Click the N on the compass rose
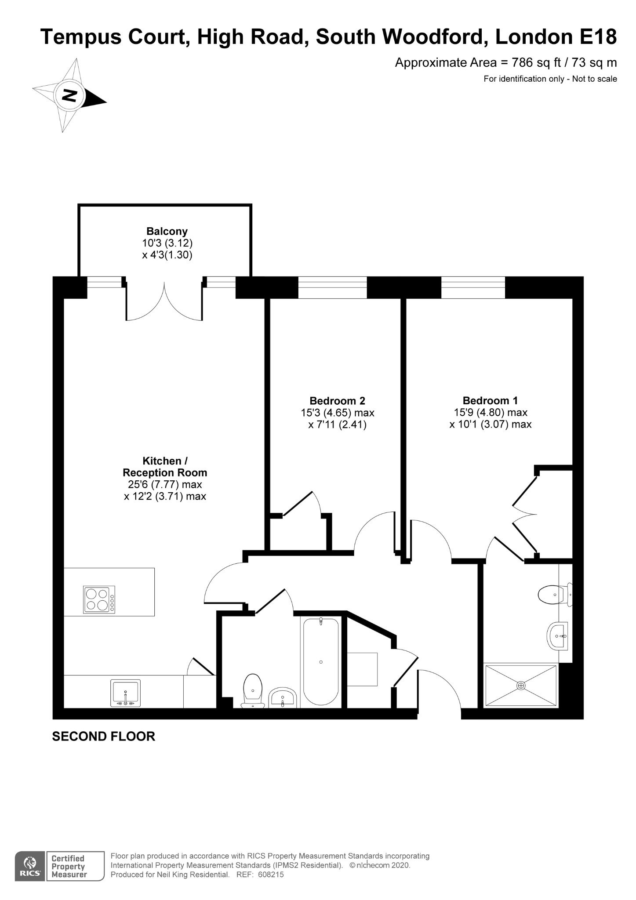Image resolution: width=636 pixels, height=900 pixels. [69, 95]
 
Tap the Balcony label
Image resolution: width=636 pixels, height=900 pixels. [167, 231]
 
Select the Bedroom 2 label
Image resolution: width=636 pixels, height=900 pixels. [337, 401]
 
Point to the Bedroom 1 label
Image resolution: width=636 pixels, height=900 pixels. [490, 400]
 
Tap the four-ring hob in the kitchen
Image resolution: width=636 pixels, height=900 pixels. [99, 600]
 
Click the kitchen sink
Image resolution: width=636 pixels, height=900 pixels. [126, 693]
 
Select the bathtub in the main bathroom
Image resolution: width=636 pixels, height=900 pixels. [321, 662]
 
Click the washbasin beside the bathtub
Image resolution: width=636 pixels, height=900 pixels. [283, 698]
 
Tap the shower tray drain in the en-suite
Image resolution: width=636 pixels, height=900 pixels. [521, 686]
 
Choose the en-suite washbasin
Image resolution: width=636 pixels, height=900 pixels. [558, 635]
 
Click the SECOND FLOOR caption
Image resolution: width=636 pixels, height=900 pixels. [104, 737]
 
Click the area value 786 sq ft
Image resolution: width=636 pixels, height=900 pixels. [536, 62]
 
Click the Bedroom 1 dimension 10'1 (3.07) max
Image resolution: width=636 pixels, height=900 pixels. [490, 425]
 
